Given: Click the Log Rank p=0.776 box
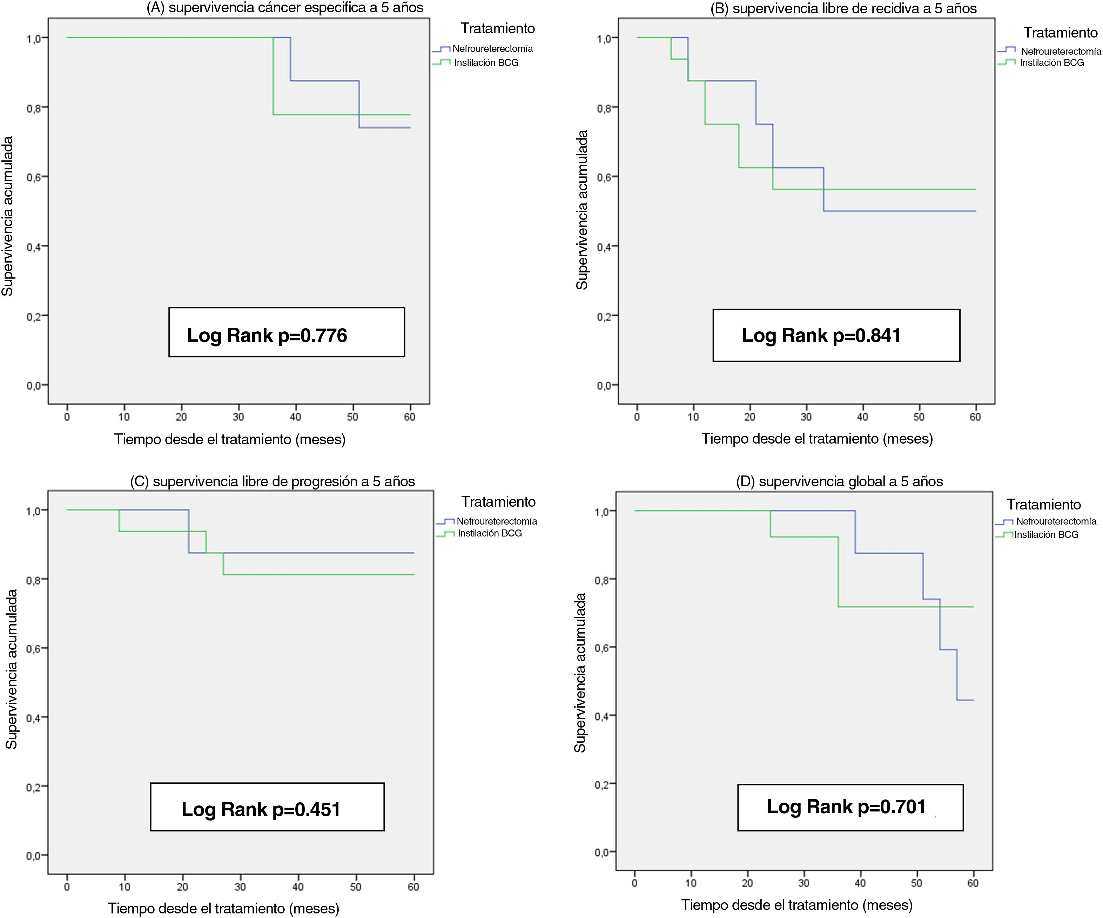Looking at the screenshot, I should [286, 332].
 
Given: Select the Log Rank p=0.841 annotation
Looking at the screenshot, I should [836, 336].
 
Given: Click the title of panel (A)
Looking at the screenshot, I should [285, 8].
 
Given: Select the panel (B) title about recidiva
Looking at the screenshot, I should [843, 8].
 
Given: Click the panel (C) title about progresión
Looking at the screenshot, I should [272, 481].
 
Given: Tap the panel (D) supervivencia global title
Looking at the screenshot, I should [839, 481].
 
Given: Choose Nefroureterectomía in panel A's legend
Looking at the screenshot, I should [492, 49].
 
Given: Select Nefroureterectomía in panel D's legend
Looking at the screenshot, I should [1056, 521].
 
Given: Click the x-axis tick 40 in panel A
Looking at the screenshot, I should [295, 417].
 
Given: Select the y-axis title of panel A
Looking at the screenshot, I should [7, 216].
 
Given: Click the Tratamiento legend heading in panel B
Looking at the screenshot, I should [1060, 33].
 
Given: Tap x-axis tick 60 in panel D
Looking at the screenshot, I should [973, 883].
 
